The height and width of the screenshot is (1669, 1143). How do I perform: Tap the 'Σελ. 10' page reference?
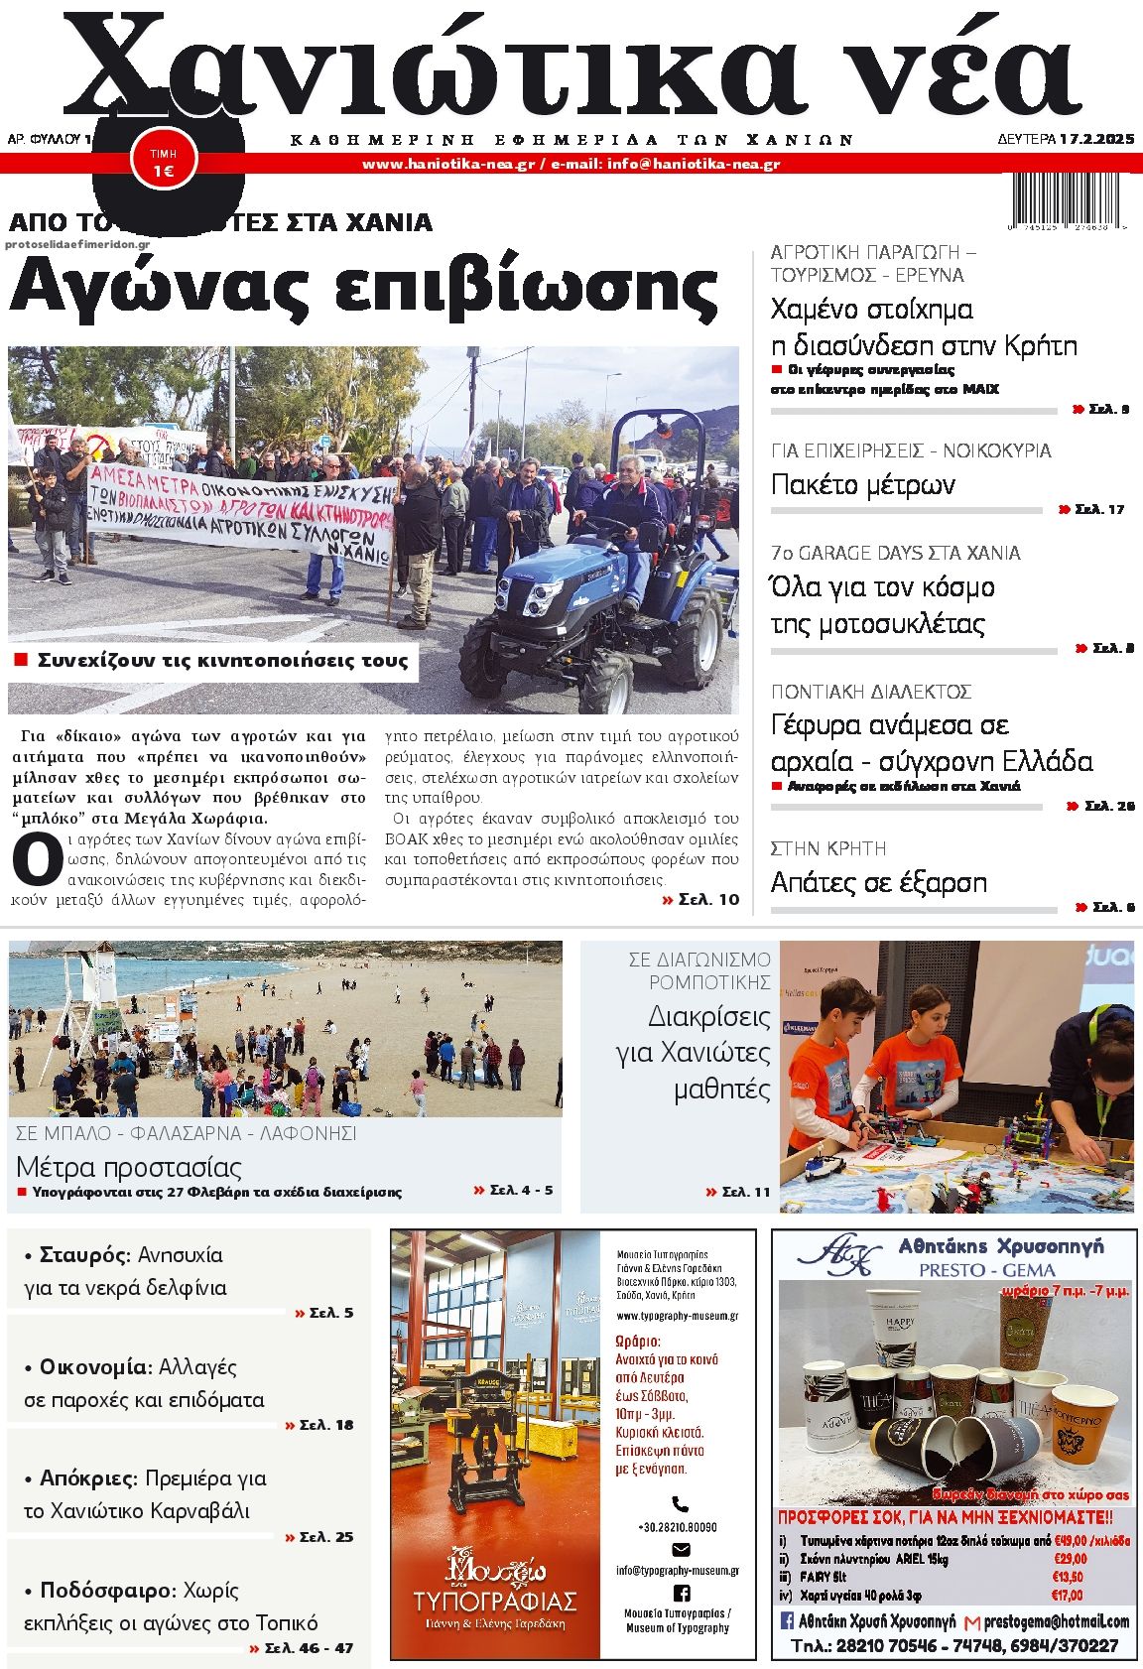click(x=700, y=899)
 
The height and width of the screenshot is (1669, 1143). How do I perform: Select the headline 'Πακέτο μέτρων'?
click(x=862, y=484)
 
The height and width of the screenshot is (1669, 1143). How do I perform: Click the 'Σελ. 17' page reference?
click(x=1098, y=509)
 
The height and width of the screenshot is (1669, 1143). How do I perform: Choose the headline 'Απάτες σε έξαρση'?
click(x=878, y=881)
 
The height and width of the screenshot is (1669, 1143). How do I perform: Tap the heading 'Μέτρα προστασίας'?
click(x=129, y=1166)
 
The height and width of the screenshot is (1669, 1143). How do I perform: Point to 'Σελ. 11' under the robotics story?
click(x=737, y=1192)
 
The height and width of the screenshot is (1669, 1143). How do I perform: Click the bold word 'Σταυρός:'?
click(x=84, y=1254)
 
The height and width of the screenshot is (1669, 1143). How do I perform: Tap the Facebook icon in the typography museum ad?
click(x=681, y=1593)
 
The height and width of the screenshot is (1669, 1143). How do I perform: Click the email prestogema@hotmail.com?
click(x=1056, y=1621)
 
